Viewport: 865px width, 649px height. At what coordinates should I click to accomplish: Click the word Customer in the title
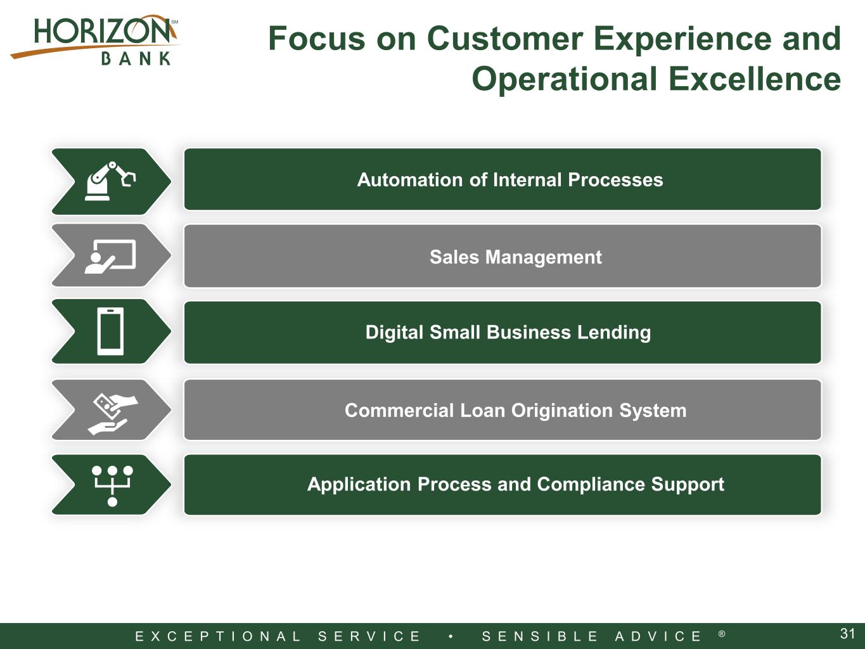click(x=505, y=39)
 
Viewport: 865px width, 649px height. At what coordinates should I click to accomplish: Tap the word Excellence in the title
click(x=755, y=79)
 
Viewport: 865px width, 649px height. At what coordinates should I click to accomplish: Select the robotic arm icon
click(x=110, y=181)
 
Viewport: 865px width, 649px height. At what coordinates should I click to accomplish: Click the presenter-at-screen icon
click(x=110, y=256)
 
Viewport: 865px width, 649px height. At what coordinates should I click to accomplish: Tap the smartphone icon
click(x=110, y=331)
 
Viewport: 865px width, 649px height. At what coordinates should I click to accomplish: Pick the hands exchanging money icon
click(x=113, y=414)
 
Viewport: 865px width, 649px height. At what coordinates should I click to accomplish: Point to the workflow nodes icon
click(x=112, y=486)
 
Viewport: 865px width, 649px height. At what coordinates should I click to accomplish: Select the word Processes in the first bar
click(x=615, y=180)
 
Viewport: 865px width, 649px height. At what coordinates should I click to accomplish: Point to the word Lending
click(x=614, y=333)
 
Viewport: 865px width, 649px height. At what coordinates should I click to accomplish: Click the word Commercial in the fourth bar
click(x=399, y=410)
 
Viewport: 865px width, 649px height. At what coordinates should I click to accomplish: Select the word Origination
click(x=562, y=411)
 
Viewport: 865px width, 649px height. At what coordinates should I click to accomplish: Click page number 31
click(x=847, y=633)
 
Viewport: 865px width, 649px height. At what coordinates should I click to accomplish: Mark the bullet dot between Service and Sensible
click(x=451, y=636)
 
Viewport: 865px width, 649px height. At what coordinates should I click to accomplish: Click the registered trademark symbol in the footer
click(x=722, y=634)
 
